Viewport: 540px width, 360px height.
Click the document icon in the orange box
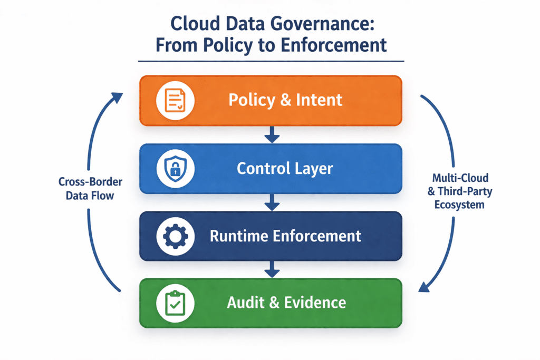[x=176, y=101]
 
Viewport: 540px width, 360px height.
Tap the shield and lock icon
[x=176, y=169]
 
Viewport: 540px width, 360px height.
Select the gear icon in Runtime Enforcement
[x=176, y=237]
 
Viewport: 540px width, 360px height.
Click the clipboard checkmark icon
[x=176, y=304]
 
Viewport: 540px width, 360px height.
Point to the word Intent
[x=319, y=100]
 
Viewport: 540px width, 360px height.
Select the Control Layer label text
[x=285, y=169]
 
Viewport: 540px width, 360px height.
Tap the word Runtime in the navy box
[x=236, y=236]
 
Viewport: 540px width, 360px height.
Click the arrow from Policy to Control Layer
[x=271, y=135]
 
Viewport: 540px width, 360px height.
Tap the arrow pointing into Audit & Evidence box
[x=271, y=270]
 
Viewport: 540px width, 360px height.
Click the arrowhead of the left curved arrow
[x=117, y=96]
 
